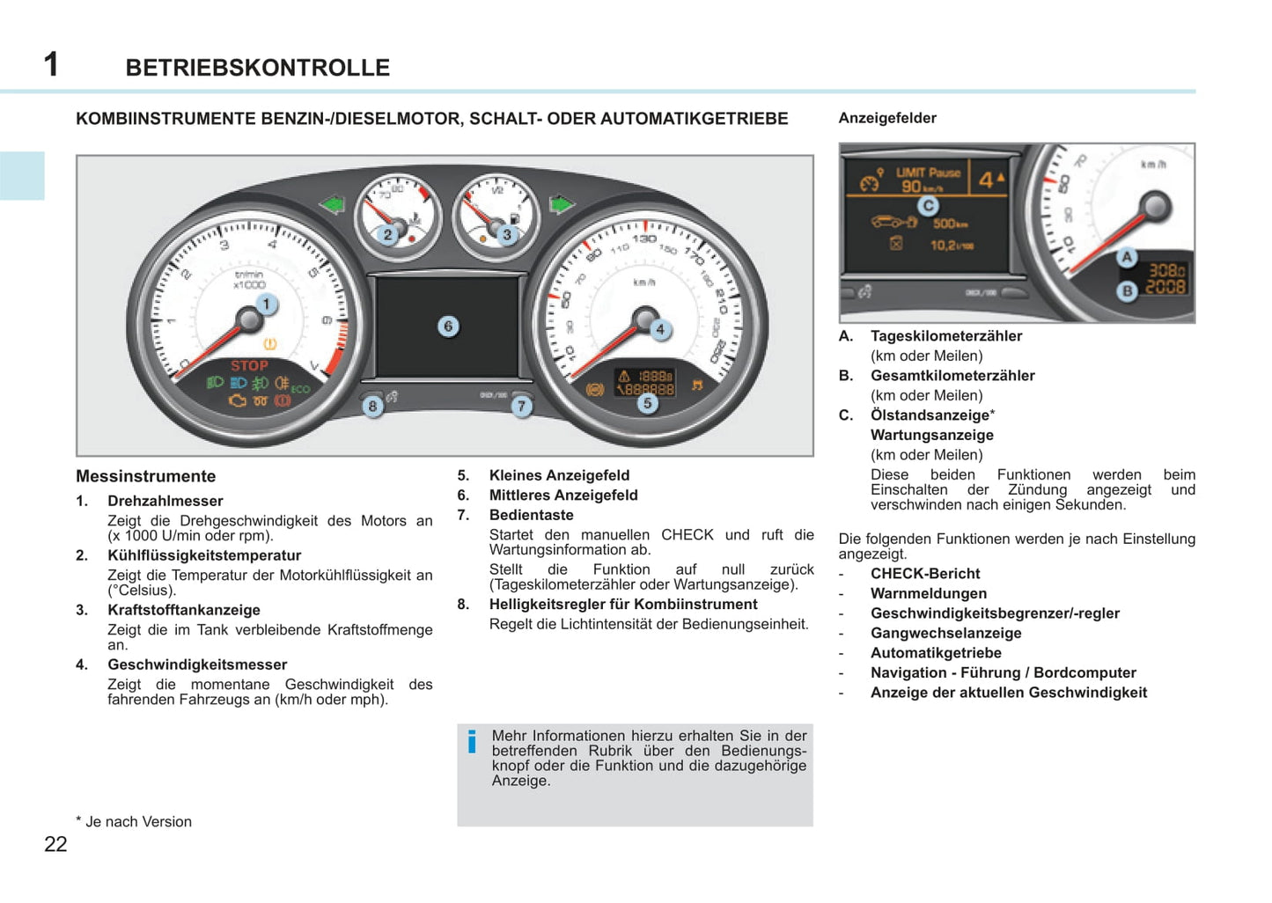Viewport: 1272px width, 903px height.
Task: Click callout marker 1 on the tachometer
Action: point(266,305)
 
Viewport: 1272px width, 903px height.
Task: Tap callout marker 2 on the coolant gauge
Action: point(387,235)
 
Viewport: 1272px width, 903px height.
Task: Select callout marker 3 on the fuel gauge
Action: point(506,235)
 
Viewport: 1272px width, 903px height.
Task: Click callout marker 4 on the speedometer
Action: point(660,330)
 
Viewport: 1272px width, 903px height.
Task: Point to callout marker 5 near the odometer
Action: point(648,404)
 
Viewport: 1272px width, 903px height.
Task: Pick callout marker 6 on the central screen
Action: point(448,327)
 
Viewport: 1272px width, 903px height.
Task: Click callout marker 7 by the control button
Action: point(522,407)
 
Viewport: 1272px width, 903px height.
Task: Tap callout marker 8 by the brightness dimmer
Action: point(372,407)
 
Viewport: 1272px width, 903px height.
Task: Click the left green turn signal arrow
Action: point(333,205)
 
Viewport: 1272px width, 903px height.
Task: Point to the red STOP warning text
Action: point(249,366)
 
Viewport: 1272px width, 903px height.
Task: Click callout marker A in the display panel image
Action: point(1127,258)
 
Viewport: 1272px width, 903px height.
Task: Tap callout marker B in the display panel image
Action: point(1127,290)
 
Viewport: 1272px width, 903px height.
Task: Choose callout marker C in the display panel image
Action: point(928,206)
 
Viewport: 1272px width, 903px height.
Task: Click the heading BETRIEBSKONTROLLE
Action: point(257,68)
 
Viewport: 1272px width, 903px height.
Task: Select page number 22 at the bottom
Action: point(55,844)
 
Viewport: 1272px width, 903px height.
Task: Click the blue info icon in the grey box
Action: point(473,742)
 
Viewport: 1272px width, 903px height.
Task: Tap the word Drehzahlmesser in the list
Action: point(165,501)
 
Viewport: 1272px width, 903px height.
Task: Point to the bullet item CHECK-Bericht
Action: point(925,574)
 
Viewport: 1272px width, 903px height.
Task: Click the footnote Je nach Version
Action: point(137,822)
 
